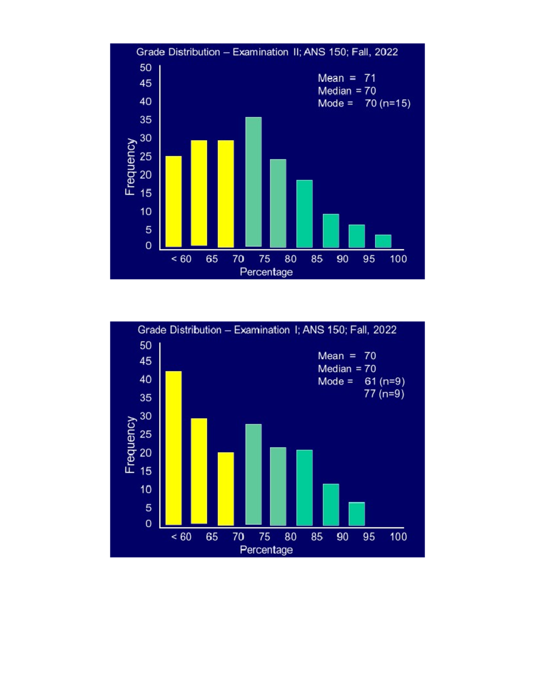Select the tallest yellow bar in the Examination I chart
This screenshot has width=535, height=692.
click(x=173, y=448)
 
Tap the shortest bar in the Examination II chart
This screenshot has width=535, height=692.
click(x=383, y=241)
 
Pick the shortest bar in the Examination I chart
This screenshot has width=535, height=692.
click(x=357, y=514)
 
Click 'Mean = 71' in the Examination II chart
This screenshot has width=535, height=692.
click(x=346, y=78)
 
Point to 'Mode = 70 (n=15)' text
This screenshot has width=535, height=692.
click(x=364, y=103)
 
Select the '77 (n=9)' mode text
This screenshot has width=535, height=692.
click(x=384, y=394)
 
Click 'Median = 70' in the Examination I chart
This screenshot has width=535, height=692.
click(x=346, y=369)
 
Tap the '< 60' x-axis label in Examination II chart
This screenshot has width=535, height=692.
click(x=181, y=259)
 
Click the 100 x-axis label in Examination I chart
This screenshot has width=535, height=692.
click(x=398, y=536)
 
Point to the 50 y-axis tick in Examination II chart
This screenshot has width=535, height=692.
click(x=145, y=68)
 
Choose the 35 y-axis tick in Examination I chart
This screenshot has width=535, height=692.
click(x=145, y=397)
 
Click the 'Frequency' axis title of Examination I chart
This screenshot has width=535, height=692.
click(x=130, y=444)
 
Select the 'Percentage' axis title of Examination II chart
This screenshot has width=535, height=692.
click(x=266, y=272)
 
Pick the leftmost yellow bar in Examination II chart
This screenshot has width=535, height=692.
click(x=173, y=201)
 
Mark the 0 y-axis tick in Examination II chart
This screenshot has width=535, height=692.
click(x=148, y=246)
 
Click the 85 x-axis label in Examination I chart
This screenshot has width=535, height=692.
click(x=317, y=536)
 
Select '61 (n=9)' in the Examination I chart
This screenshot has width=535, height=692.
click(x=384, y=381)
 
